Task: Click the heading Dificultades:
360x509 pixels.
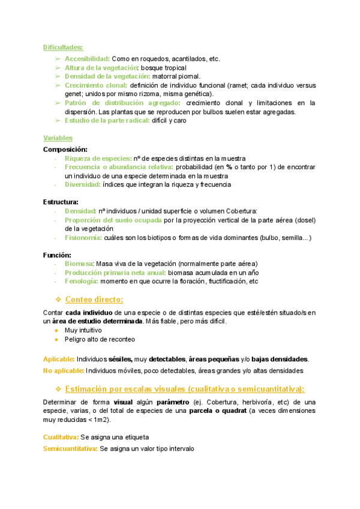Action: (x=63, y=47)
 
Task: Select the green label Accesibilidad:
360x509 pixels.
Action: (x=87, y=59)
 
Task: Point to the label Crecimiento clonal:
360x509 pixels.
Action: (x=99, y=85)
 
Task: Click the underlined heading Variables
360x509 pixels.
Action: (x=58, y=138)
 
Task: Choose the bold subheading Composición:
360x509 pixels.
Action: (x=65, y=149)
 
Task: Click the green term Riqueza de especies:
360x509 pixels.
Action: (x=98, y=158)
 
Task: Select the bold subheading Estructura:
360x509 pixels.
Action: (x=61, y=202)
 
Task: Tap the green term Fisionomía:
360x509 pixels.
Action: (x=83, y=238)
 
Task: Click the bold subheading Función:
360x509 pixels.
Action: (x=58, y=255)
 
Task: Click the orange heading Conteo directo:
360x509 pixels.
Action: (x=94, y=300)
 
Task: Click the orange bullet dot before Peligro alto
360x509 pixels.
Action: (x=56, y=340)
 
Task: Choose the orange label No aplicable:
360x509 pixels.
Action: (x=63, y=370)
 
